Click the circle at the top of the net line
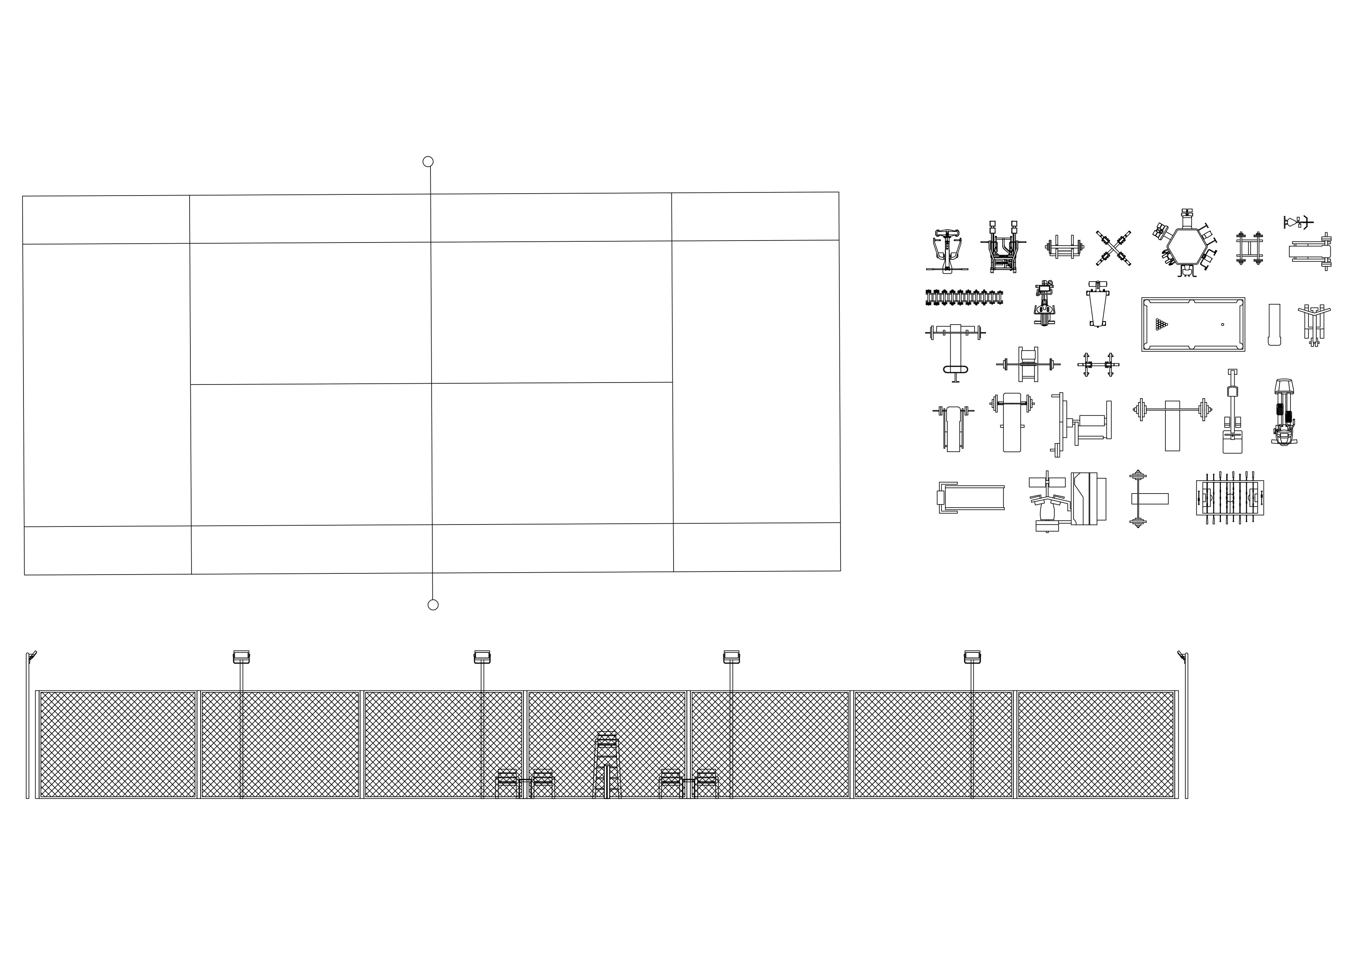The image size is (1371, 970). click(428, 161)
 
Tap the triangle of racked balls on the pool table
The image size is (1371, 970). click(1161, 324)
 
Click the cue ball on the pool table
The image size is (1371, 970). click(1222, 324)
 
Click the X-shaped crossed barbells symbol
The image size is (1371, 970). click(1113, 248)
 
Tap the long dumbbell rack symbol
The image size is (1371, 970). click(964, 297)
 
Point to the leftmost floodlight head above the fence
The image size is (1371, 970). click(241, 657)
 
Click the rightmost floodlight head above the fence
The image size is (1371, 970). click(972, 657)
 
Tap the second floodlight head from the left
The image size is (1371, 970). click(482, 657)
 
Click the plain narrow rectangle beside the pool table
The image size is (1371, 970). click(1274, 324)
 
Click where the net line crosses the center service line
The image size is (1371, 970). click(431, 383)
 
